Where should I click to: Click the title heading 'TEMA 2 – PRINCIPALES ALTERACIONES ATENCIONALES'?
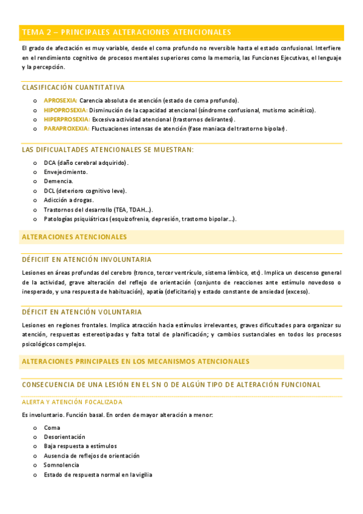click(126, 32)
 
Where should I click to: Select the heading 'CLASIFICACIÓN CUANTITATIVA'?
click(73, 87)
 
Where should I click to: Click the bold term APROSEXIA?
click(61, 100)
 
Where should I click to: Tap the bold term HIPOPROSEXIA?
click(65, 110)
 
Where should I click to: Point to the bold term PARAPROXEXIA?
click(66, 128)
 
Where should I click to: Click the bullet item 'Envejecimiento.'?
click(65, 172)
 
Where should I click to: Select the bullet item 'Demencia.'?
click(58, 181)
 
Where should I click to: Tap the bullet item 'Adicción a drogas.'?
click(68, 199)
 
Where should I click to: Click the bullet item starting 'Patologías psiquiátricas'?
click(139, 219)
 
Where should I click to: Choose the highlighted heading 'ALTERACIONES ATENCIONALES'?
click(75, 237)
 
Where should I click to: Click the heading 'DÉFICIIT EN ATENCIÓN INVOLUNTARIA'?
click(87, 259)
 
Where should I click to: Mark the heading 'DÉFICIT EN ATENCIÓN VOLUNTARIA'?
click(82, 312)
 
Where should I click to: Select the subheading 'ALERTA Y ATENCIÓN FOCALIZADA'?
click(72, 402)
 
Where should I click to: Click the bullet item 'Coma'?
click(52, 427)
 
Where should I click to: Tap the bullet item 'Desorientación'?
click(64, 436)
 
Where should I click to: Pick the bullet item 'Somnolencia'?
click(61, 465)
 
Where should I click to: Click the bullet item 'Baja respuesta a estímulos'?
click(80, 446)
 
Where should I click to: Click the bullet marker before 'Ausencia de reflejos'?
click(35, 456)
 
